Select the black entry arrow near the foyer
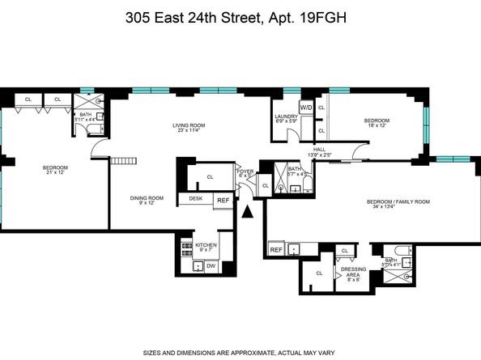click(x=249, y=212)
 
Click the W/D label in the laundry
click(x=306, y=107)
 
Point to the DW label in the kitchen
click(x=210, y=265)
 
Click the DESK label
click(x=195, y=198)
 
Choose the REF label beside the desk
click(x=223, y=201)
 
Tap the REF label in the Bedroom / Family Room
click(x=276, y=250)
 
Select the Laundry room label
click(x=286, y=116)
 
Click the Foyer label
click(x=245, y=171)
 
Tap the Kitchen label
click(x=206, y=244)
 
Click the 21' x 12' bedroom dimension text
click(x=55, y=173)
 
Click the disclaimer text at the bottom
click(x=240, y=351)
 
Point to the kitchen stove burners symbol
click(x=185, y=248)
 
